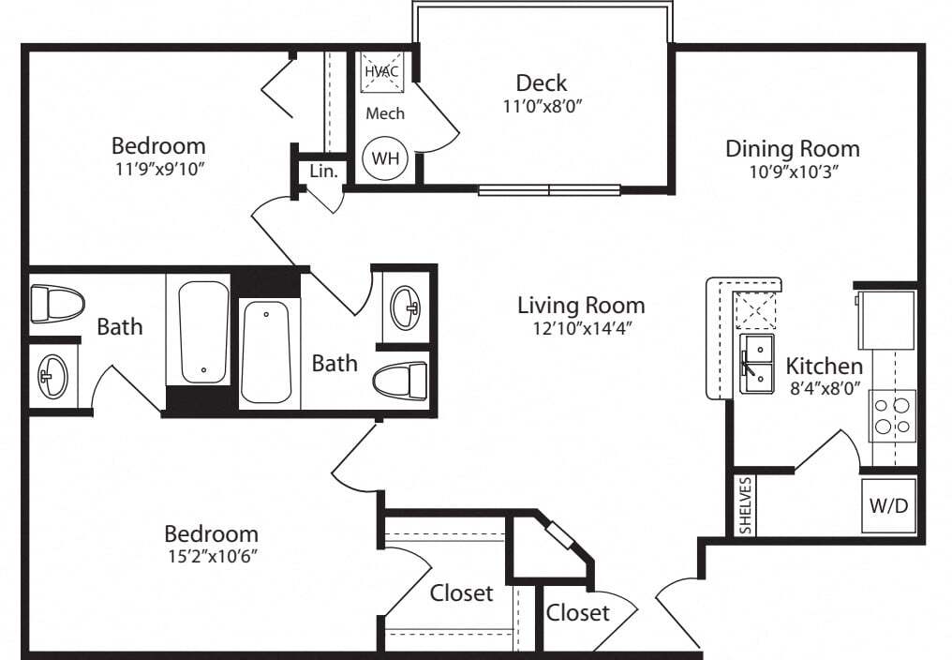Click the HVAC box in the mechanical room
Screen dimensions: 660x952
[x=382, y=70]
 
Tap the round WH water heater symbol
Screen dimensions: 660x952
[x=385, y=158]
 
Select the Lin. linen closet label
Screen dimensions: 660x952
[x=323, y=172]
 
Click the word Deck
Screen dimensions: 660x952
[x=542, y=83]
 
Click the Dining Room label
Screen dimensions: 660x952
[x=793, y=148]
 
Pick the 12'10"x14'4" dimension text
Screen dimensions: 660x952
[x=581, y=328]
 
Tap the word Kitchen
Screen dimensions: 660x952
[x=824, y=366]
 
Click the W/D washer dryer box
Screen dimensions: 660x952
[x=888, y=505]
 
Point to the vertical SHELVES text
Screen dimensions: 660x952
[x=746, y=505]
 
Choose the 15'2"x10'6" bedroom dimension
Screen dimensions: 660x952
[x=211, y=556]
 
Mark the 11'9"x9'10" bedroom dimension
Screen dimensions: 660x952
[x=158, y=169]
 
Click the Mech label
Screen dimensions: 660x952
[x=385, y=113]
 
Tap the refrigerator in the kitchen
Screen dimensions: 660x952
[x=885, y=320]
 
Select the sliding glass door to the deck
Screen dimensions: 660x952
[x=549, y=190]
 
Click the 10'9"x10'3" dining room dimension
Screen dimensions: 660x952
[x=793, y=172]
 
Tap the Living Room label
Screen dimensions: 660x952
[x=581, y=305]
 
